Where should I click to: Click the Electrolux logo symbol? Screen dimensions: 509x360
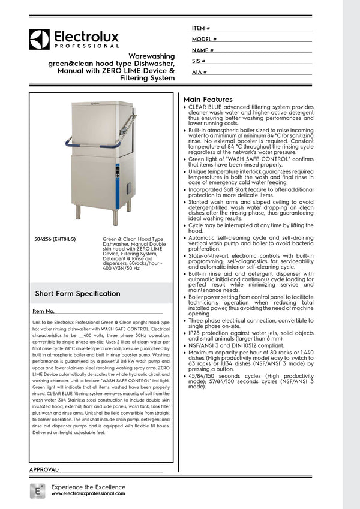(39, 39)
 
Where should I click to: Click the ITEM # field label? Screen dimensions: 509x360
(200, 28)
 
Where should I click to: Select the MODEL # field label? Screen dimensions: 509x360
(204, 39)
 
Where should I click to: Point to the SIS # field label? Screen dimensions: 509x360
(199, 61)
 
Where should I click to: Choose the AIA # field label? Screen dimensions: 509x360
(199, 72)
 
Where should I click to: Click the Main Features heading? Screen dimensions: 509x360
(208, 98)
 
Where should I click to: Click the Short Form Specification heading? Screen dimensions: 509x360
(77, 294)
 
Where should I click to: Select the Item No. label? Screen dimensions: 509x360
(43, 312)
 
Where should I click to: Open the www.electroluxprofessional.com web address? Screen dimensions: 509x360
(88, 493)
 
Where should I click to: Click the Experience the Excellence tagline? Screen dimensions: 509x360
(88, 487)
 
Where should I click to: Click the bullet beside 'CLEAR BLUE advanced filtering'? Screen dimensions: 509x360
(184, 107)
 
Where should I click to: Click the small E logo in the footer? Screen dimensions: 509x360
(38, 490)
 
